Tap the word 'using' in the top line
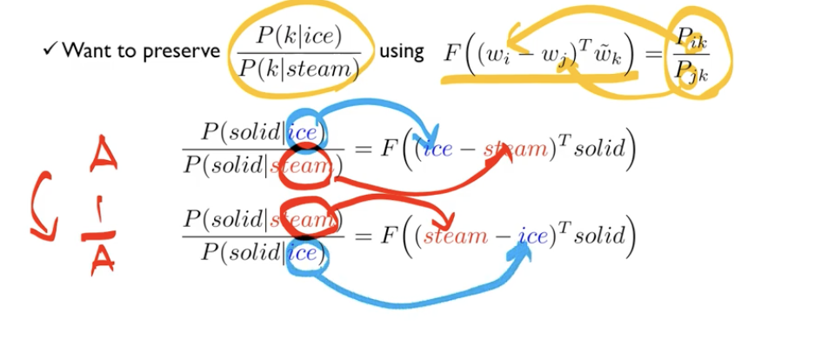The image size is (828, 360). click(402, 50)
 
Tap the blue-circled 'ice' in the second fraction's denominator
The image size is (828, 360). click(305, 253)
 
